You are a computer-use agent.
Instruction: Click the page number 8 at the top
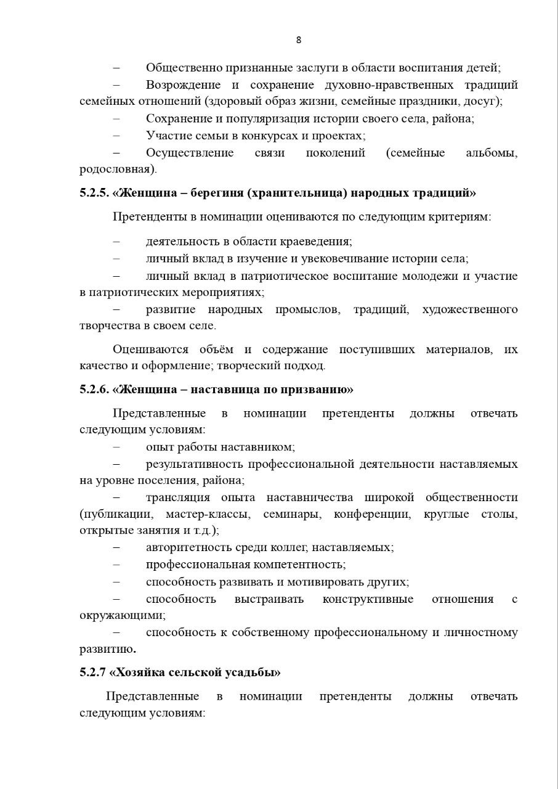point(299,40)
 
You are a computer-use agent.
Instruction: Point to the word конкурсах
point(262,136)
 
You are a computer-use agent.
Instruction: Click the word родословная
point(116,169)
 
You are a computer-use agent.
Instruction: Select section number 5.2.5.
point(94,193)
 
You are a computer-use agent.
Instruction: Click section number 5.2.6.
point(94,390)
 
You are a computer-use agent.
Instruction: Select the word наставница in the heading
point(220,390)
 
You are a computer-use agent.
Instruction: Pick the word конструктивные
point(368,599)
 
